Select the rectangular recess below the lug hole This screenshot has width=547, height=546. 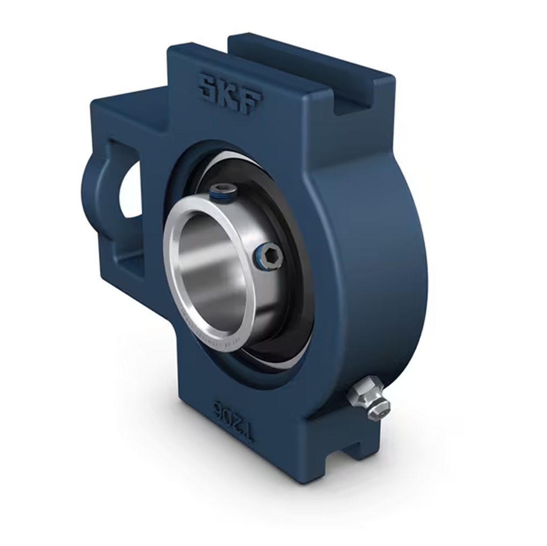pos(130,264)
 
